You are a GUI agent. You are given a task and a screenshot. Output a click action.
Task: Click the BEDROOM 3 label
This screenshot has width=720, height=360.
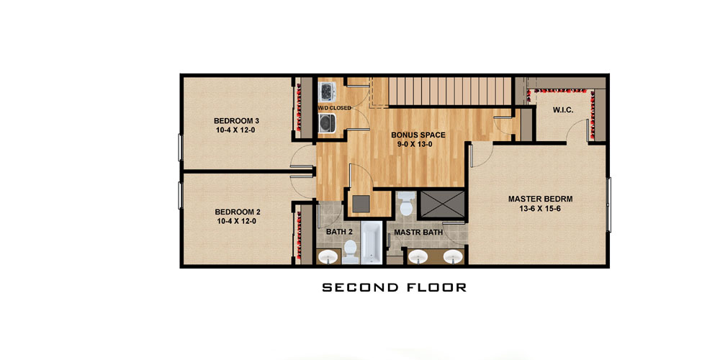click(x=236, y=121)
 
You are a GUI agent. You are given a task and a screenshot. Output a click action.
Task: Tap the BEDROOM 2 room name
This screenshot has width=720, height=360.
click(x=238, y=212)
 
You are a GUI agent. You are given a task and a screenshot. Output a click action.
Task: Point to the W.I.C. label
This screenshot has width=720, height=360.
click(x=562, y=111)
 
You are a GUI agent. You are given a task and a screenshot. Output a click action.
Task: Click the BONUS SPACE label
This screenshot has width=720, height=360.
click(x=418, y=135)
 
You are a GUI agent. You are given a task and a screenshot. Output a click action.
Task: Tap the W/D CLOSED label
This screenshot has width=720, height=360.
click(x=334, y=108)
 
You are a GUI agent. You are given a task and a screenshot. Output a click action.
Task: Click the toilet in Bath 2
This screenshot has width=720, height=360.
click(x=350, y=251)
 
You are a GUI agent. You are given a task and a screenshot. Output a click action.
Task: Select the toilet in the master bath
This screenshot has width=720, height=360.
click(x=406, y=204)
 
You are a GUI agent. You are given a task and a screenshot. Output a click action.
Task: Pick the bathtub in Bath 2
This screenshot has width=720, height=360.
click(x=371, y=243)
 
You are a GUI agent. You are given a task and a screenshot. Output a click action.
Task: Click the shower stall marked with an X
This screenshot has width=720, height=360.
click(x=443, y=204)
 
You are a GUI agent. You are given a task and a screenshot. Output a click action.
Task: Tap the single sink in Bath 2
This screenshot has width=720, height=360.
click(x=328, y=257)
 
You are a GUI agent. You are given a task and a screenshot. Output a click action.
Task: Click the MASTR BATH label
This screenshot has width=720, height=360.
click(x=418, y=233)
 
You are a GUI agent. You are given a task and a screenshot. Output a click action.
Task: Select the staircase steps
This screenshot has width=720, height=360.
click(x=449, y=91)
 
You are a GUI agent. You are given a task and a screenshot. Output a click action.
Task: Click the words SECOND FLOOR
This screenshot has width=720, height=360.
click(x=394, y=288)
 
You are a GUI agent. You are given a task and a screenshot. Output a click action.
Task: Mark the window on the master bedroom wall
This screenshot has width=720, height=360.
click(x=609, y=204)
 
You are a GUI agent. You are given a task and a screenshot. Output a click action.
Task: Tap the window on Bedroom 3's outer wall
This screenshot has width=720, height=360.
click(x=181, y=148)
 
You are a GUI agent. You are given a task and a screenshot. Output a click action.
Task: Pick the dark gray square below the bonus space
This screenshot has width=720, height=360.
click(x=361, y=204)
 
